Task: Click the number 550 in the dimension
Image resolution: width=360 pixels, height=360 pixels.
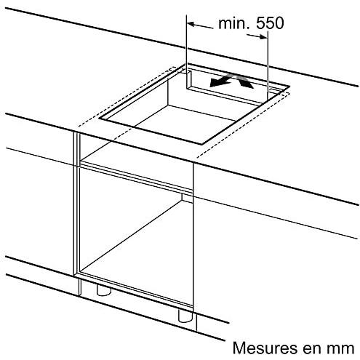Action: point(270,23)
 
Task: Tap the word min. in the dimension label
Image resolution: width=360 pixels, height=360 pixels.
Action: point(234,23)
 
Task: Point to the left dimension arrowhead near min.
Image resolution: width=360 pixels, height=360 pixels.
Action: point(191,24)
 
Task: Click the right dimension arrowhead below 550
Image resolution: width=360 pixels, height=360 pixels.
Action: point(263,37)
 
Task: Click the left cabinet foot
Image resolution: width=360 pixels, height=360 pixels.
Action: point(104,290)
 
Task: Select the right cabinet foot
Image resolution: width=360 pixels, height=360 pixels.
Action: point(185,316)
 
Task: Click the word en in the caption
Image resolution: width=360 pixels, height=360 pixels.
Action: point(312,350)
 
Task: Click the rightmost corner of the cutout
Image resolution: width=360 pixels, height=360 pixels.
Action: point(289,87)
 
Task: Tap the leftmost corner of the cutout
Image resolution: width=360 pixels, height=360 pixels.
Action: point(99,119)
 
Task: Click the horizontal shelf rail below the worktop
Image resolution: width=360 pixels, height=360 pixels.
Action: point(136,177)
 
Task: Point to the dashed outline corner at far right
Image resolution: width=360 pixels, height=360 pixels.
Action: point(289,92)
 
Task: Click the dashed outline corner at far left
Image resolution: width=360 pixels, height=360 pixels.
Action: point(79,127)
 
